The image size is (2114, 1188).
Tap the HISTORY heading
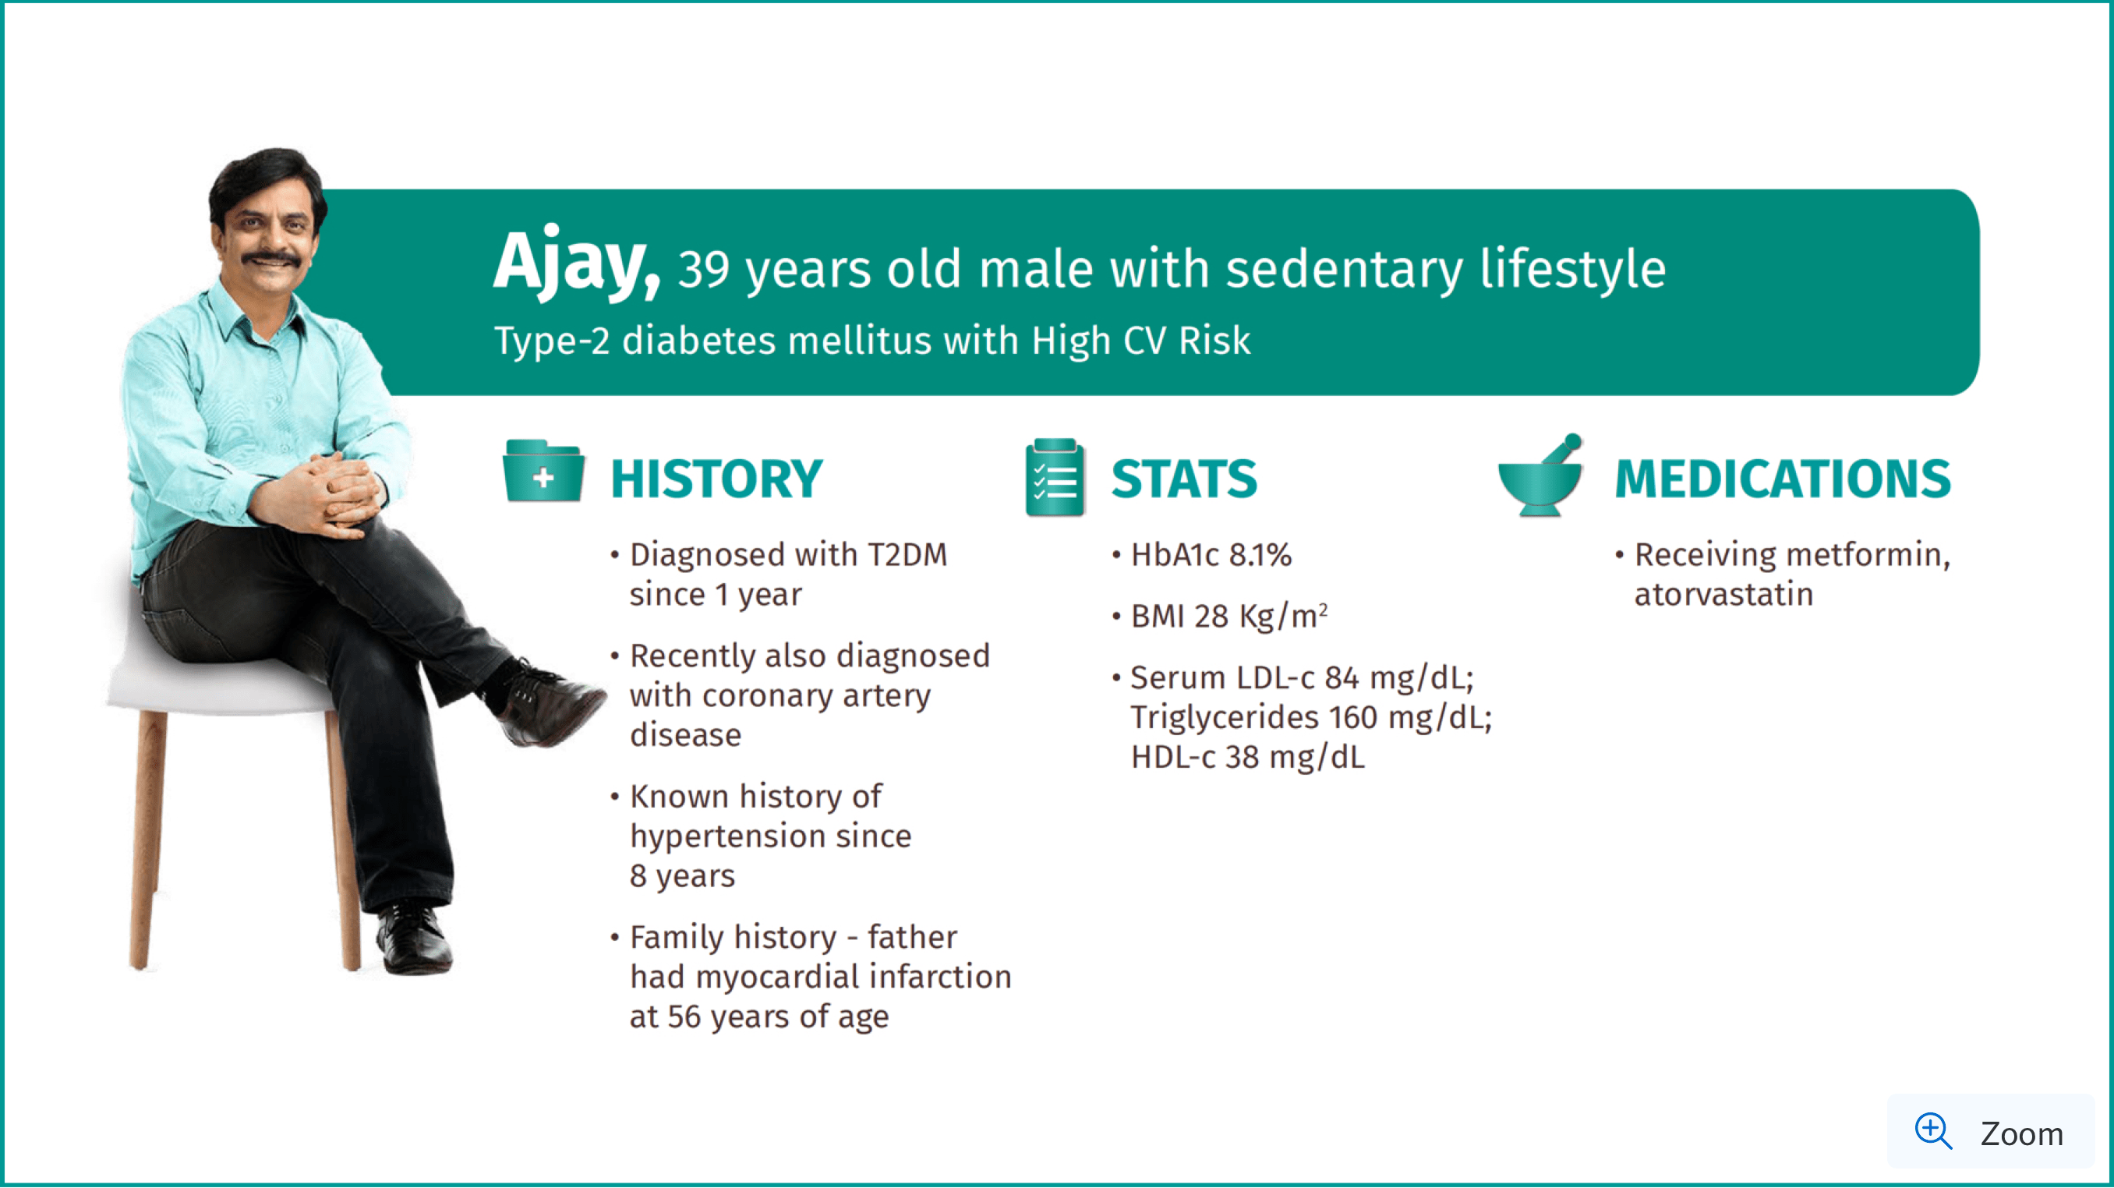(716, 479)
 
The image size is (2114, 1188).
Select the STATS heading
(1184, 479)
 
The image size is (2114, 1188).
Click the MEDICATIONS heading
(1783, 479)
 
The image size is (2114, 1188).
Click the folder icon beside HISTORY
(543, 471)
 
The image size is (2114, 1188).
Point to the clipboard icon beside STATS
(1055, 476)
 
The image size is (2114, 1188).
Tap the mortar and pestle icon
(1540, 475)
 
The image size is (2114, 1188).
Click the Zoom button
(1991, 1132)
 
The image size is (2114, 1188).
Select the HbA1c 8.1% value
(1211, 556)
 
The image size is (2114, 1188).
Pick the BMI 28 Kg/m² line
(1228, 616)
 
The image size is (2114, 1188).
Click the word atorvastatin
(1723, 595)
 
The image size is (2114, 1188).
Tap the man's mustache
(270, 259)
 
